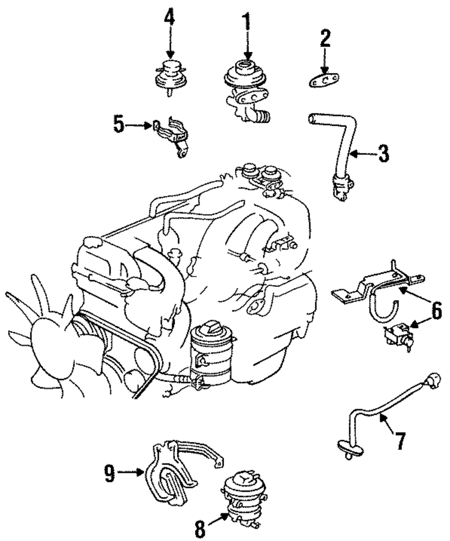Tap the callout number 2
(325, 38)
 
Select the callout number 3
(383, 154)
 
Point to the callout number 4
(170, 18)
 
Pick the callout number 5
(119, 125)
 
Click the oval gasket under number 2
(324, 81)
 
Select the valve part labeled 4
(170, 77)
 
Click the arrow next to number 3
(363, 154)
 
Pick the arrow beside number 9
(131, 473)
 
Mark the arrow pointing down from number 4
(170, 43)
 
